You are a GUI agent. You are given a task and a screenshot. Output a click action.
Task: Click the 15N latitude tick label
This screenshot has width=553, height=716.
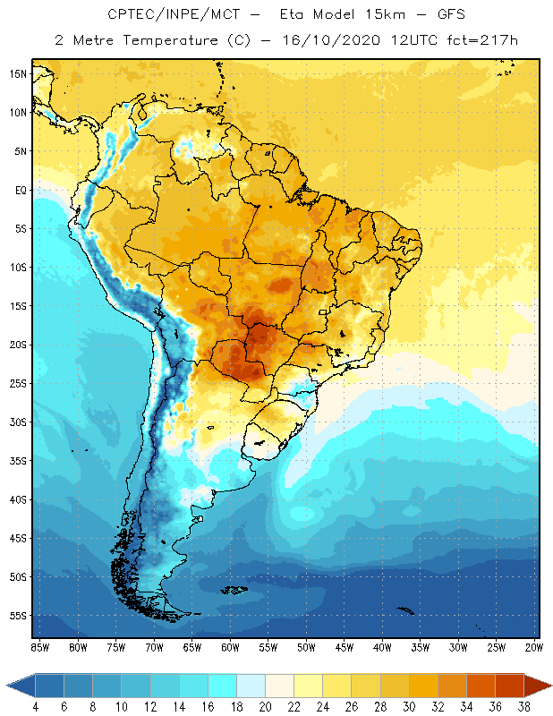(17, 73)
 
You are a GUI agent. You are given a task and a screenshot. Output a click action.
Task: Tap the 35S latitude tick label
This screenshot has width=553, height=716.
(17, 461)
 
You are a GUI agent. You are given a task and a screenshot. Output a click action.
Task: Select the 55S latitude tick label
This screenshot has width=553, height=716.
(17, 616)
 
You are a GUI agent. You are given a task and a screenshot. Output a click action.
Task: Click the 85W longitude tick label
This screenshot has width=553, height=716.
(39, 647)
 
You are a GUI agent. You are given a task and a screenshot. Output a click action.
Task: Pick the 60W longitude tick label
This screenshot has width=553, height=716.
(230, 647)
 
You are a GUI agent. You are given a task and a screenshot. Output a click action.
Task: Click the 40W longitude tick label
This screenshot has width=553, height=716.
(383, 647)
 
